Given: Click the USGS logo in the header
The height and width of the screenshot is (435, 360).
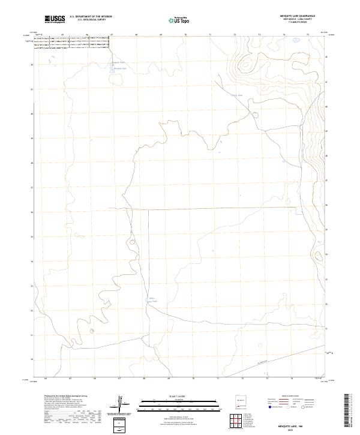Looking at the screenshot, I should (55, 19).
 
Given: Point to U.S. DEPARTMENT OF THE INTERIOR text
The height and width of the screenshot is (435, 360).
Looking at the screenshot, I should (91, 17).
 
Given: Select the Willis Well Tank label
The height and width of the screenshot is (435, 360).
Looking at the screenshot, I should (152, 299).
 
